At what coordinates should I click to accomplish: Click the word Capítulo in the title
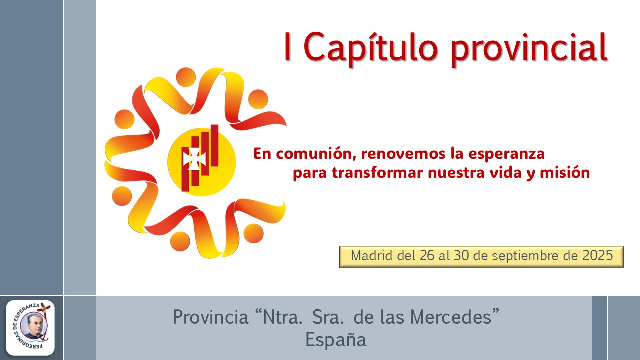370,47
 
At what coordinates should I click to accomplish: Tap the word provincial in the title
529,47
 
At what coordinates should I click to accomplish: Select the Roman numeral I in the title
287,46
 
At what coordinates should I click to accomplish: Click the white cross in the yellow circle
194,159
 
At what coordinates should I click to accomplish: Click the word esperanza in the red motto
506,154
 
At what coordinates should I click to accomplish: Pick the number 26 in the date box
427,255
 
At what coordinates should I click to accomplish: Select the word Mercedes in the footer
451,317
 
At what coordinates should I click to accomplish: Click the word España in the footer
336,340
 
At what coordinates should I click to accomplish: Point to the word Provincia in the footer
211,317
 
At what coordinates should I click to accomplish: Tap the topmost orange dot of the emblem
186,77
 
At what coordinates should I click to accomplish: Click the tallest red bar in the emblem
215,145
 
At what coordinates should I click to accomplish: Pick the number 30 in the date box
461,255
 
